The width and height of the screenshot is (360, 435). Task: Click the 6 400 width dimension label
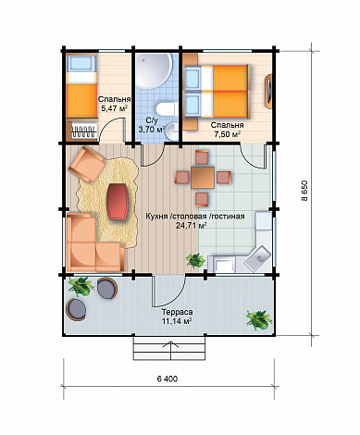tap(168, 379)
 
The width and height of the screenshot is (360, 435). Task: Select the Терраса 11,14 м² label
tap(175, 317)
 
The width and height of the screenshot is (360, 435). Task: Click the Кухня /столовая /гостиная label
tap(195, 217)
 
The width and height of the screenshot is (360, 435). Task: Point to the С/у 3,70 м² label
tap(151, 126)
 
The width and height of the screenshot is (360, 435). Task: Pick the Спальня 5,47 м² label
tap(114, 104)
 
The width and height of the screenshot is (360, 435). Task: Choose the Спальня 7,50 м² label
tap(228, 130)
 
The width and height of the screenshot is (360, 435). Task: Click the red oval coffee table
tap(118, 201)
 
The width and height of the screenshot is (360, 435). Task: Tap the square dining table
tap(203, 178)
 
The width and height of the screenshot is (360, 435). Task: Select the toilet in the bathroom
tap(165, 110)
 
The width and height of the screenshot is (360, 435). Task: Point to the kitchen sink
tap(257, 258)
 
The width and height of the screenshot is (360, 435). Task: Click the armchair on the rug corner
tap(87, 164)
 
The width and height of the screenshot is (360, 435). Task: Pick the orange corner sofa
tap(93, 243)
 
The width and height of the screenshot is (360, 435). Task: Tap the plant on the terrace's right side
tap(259, 320)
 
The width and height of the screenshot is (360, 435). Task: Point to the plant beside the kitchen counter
tap(195, 261)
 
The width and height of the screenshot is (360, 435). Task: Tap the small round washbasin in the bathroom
tap(173, 130)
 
